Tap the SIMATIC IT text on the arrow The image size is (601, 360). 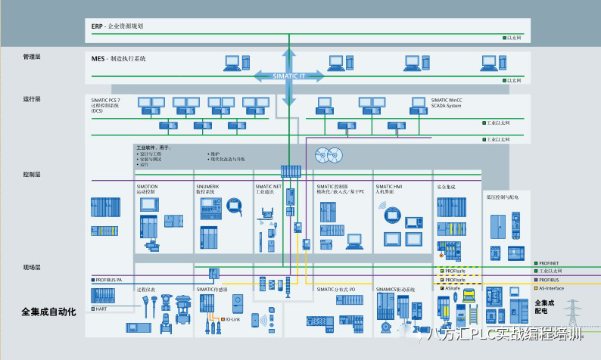coord(288,75)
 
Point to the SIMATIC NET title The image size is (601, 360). coord(269,185)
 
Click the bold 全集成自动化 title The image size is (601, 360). coord(49,312)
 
